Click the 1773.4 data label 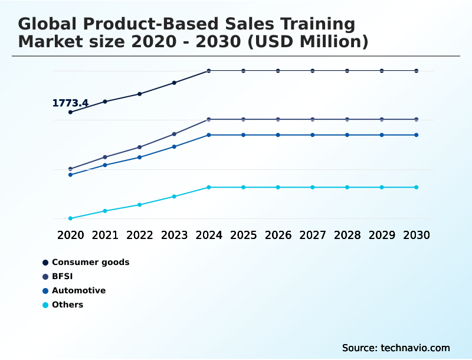point(70,103)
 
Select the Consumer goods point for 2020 point(71,112)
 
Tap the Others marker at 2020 point(71,218)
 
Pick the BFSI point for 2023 point(174,134)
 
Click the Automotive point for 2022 point(140,157)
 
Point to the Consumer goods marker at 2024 point(209,71)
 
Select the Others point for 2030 point(416,187)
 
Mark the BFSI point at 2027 point(313,119)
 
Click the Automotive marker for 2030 point(416,135)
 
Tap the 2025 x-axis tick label point(243,235)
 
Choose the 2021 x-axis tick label point(105,235)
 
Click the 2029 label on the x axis point(382,235)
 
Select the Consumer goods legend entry point(90,262)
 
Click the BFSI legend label point(63,276)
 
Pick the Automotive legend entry point(78,290)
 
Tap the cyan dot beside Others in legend point(45,305)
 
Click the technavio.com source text point(415,348)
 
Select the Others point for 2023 point(174,197)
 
